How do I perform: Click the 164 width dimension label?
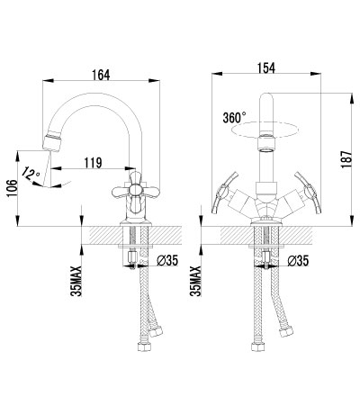coord(101,75)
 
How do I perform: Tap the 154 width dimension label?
coord(266,67)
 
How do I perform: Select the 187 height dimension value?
coord(346,159)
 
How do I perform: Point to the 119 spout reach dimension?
coord(93,163)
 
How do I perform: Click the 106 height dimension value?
coord(13,189)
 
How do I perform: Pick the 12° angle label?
coord(31,174)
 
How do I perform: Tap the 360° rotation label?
coord(234,117)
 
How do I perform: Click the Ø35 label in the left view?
coord(167,260)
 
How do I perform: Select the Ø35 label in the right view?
coord(298,261)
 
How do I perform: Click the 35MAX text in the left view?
coord(76,281)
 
